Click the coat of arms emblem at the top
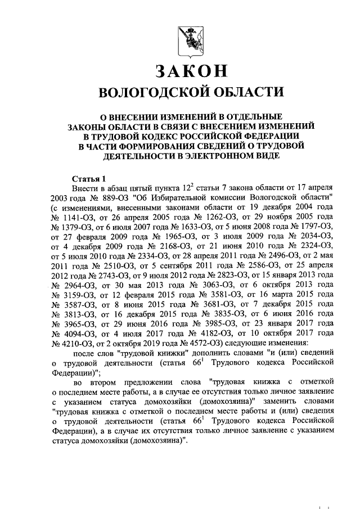pyautogui.click(x=190, y=38)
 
